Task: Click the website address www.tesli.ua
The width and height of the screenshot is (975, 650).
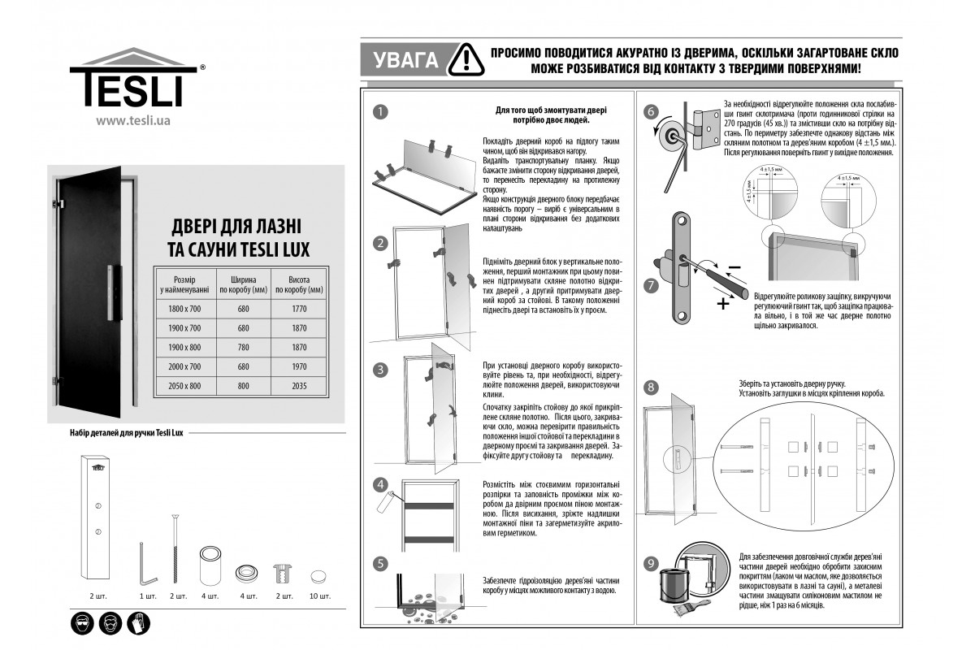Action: [132, 121]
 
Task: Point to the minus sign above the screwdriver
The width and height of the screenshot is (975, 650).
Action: [734, 267]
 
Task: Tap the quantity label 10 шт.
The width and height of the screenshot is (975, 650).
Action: [320, 596]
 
